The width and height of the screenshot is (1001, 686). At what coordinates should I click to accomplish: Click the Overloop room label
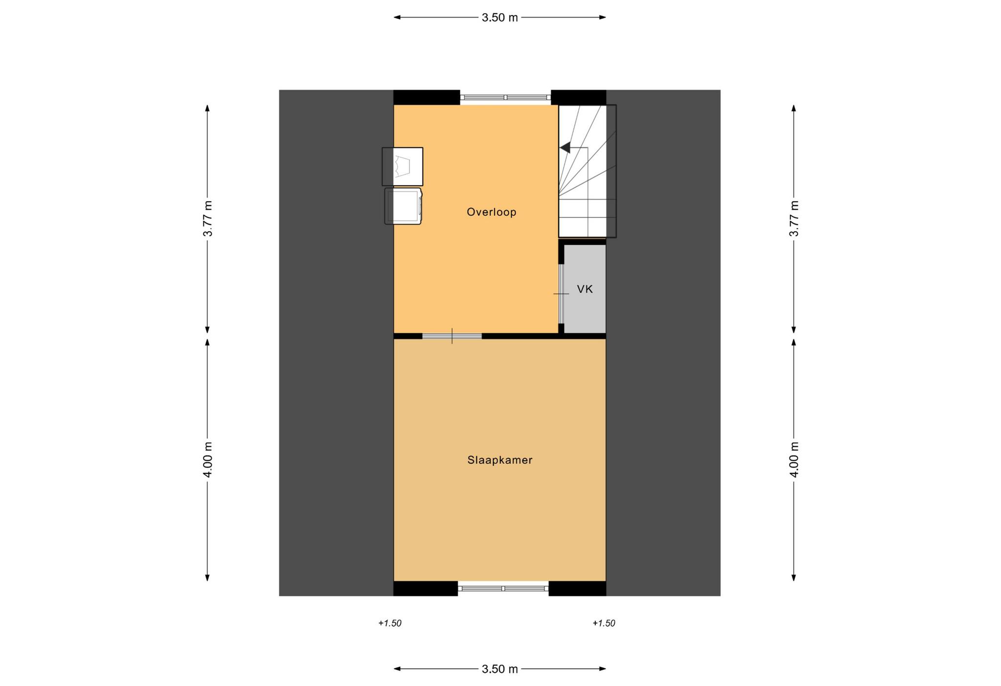pyautogui.click(x=491, y=212)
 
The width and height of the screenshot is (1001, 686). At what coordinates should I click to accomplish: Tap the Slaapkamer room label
pyautogui.click(x=500, y=460)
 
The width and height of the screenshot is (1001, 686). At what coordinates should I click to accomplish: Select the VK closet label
pyautogui.click(x=585, y=289)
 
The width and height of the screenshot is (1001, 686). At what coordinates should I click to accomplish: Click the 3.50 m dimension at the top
pyautogui.click(x=500, y=18)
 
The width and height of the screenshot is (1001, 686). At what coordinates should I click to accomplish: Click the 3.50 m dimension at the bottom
pyautogui.click(x=500, y=669)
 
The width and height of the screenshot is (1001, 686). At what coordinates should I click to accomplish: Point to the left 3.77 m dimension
pyautogui.click(x=208, y=218)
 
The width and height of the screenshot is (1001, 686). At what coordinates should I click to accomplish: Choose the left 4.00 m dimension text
pyautogui.click(x=208, y=460)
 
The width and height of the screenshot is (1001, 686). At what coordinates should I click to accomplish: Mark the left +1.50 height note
pyautogui.click(x=390, y=623)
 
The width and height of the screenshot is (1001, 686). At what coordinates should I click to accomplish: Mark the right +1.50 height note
pyautogui.click(x=604, y=623)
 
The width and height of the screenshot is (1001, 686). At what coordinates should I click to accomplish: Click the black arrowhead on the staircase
pyautogui.click(x=565, y=147)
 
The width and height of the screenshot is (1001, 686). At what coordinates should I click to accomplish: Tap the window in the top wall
pyautogui.click(x=505, y=98)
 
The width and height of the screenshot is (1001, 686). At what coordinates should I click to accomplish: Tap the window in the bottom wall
pyautogui.click(x=503, y=588)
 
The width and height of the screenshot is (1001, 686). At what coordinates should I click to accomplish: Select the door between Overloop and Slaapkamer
pyautogui.click(x=452, y=336)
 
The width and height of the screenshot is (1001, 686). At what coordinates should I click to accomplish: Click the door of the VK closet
pyautogui.click(x=561, y=294)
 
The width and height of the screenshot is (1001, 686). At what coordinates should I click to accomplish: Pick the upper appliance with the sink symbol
pyautogui.click(x=402, y=167)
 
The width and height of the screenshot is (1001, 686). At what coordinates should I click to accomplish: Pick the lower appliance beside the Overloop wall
pyautogui.click(x=403, y=206)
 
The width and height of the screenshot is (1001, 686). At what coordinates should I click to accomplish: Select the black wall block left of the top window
pyautogui.click(x=427, y=97)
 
